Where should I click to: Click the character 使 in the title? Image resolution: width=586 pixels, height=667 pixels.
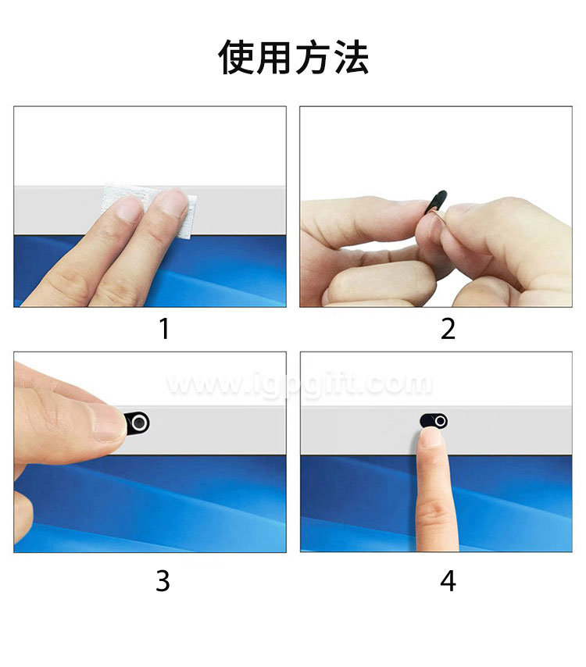click(x=236, y=57)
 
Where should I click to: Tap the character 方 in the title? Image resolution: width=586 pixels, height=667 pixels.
click(x=312, y=57)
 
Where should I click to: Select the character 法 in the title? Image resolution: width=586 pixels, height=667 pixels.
click(x=351, y=57)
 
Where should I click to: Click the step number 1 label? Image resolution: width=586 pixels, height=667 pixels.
click(x=164, y=329)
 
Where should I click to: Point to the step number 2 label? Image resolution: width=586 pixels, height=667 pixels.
click(x=448, y=329)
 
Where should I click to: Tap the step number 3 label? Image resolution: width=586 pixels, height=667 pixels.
click(x=163, y=580)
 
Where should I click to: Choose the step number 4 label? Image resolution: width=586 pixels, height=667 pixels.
click(x=448, y=580)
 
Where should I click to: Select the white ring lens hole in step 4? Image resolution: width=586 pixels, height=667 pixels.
click(x=441, y=421)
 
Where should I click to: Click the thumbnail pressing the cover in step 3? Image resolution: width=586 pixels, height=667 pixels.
click(x=109, y=422)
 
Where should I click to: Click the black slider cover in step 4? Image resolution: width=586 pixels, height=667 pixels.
click(x=433, y=421)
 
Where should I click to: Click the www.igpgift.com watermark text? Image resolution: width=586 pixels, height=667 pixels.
click(x=298, y=383)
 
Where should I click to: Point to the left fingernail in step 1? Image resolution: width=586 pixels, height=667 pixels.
click(x=129, y=209)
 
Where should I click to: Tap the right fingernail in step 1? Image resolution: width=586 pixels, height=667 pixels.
click(x=173, y=204)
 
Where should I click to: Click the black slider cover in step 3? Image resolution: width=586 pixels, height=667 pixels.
click(x=137, y=423)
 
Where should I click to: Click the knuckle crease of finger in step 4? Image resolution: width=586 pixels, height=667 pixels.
click(x=432, y=508)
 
